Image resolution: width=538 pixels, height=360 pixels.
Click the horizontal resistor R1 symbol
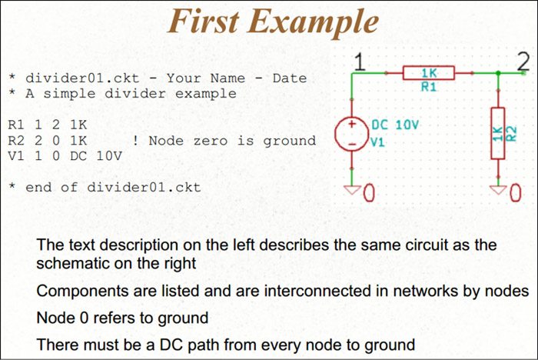pyautogui.click(x=429, y=73)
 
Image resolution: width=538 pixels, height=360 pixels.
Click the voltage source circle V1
pyautogui.click(x=353, y=133)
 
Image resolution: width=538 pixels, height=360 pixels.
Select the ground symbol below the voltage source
pyautogui.click(x=353, y=188)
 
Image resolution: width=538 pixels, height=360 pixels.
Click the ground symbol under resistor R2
pyautogui.click(x=499, y=188)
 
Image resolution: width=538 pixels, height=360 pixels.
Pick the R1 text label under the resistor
pyautogui.click(x=429, y=88)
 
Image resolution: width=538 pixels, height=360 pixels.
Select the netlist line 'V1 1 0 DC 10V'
pyautogui.click(x=65, y=156)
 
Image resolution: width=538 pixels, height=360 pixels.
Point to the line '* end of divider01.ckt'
pyautogui.click(x=105, y=187)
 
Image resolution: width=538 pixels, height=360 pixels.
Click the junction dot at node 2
pyautogui.click(x=499, y=73)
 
